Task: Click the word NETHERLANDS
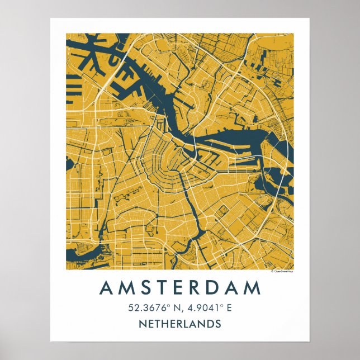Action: [179, 324]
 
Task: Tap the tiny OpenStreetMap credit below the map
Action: [282, 271]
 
